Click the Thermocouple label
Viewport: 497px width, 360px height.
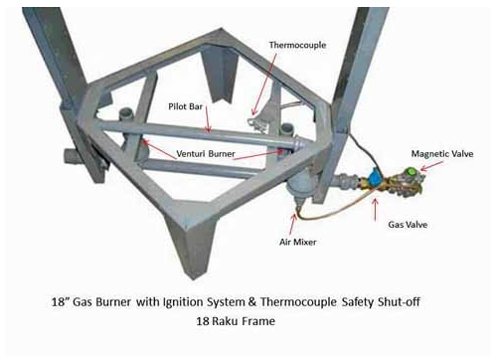[297, 45]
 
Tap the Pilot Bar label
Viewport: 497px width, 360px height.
[185, 106]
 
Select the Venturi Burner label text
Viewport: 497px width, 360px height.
[206, 154]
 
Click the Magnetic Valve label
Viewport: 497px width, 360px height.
[442, 154]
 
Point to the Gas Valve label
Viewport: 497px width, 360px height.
[408, 225]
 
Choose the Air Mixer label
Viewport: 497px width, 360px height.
[297, 242]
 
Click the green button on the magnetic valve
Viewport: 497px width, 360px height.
[411, 172]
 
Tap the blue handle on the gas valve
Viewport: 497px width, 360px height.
[375, 178]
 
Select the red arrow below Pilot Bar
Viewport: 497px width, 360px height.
[207, 119]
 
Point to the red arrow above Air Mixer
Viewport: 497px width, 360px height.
[292, 225]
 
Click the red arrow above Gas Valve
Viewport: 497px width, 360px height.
[375, 209]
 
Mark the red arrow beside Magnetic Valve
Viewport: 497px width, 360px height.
[431, 166]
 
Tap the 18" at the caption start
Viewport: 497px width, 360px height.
[60, 301]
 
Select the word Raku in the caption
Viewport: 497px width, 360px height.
[226, 321]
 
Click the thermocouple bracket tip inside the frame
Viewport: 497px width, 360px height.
[253, 121]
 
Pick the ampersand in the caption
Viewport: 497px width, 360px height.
[252, 302]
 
